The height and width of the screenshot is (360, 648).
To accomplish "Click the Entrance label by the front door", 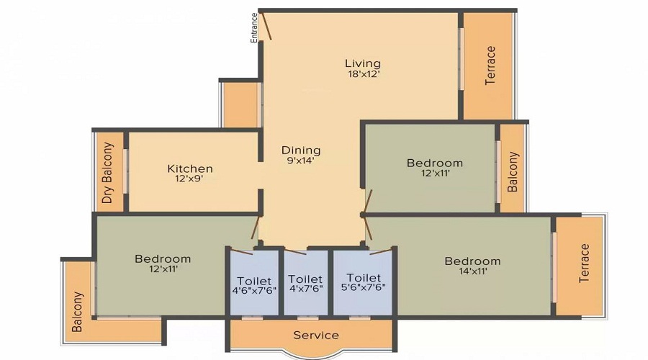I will [x=254, y=27].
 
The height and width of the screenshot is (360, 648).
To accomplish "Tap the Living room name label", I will [x=361, y=63].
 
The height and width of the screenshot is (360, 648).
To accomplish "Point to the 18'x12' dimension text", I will [x=361, y=73].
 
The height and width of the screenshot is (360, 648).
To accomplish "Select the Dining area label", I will [x=301, y=150].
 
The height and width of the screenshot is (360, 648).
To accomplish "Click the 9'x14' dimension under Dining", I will [x=301, y=161].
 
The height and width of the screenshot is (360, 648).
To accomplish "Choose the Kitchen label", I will [x=190, y=168].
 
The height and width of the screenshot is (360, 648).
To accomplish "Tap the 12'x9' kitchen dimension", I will [x=190, y=179].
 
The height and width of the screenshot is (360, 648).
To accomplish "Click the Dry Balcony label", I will [x=108, y=173].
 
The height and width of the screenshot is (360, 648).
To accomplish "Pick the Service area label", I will [x=316, y=335].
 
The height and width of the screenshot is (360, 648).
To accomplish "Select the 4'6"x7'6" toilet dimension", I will [x=253, y=291].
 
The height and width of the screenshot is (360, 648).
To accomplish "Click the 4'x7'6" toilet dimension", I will [x=305, y=289].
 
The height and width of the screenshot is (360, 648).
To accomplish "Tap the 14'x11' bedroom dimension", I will [x=472, y=271].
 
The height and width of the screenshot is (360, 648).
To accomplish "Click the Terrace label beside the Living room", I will [x=490, y=66].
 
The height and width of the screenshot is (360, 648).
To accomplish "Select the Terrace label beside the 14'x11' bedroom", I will [x=584, y=263].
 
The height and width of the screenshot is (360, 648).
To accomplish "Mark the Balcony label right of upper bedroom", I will [x=513, y=171].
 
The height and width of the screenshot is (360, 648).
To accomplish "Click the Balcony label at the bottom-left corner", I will [x=78, y=311].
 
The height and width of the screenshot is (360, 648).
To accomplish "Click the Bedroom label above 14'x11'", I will [x=472, y=261].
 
